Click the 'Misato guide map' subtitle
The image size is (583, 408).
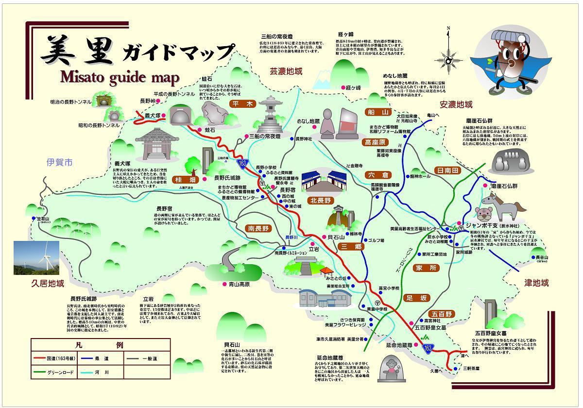[x=120, y=77]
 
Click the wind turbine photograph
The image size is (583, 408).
[x=36, y=257]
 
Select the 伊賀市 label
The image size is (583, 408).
[x=59, y=162]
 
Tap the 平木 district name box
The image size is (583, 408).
[x=243, y=104]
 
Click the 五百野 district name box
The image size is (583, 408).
[x=442, y=314]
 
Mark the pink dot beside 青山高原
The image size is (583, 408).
[x=224, y=284]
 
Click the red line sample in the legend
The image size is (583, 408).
[x=40, y=358]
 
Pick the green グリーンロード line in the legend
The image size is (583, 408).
[x=40, y=373]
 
